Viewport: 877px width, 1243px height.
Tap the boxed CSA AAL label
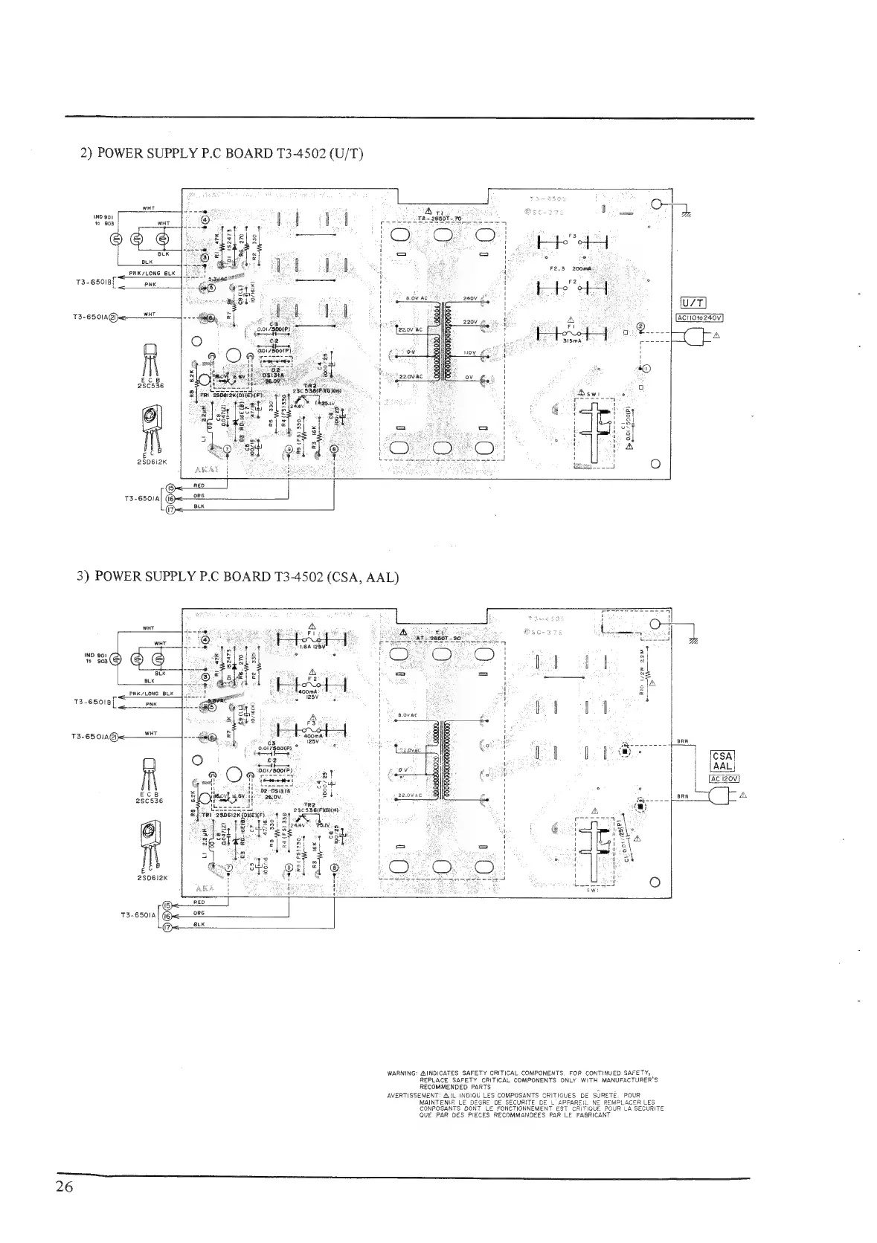click(722, 761)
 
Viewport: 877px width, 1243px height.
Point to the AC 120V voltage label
click(722, 779)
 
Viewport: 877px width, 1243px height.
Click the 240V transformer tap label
click(469, 299)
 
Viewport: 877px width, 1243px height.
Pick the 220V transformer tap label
click(469, 322)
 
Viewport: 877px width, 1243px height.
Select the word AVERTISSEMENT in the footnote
click(414, 1096)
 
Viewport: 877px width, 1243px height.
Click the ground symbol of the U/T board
click(685, 214)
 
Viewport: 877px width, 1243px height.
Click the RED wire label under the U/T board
click(199, 485)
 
